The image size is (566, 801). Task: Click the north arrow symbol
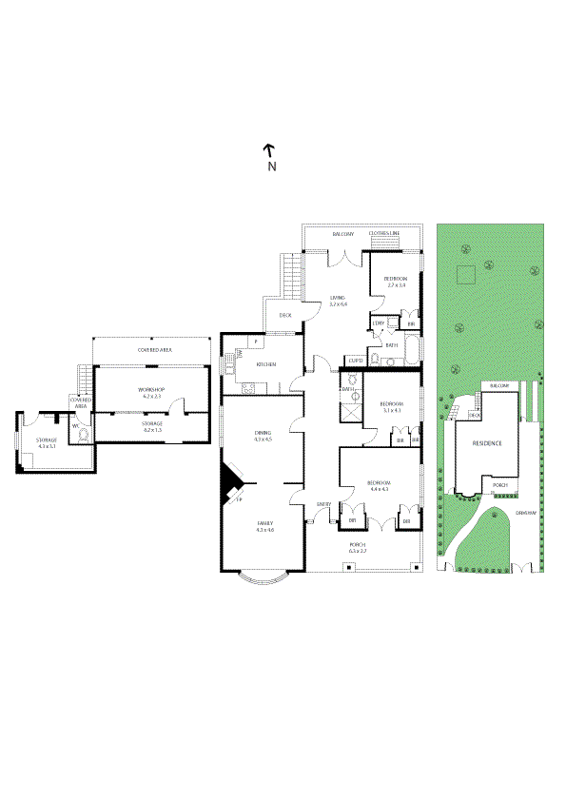point(269,150)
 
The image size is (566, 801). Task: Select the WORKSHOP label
point(151,390)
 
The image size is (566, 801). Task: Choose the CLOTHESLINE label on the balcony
point(384,233)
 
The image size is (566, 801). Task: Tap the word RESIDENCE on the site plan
point(485,443)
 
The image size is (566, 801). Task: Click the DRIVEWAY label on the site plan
point(526,513)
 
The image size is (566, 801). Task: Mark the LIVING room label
point(338,298)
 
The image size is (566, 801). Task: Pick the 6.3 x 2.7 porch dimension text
point(358,551)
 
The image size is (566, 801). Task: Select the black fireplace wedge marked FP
point(229,484)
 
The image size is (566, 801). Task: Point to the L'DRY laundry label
point(378,323)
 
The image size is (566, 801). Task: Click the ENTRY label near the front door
point(324,504)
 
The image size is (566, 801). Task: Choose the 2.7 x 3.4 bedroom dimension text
point(395,285)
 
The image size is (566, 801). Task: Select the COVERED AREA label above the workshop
point(154,350)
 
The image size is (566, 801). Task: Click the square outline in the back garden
point(465,274)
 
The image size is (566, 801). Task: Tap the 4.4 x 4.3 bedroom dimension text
point(379,490)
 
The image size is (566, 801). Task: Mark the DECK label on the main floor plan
point(284,316)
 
